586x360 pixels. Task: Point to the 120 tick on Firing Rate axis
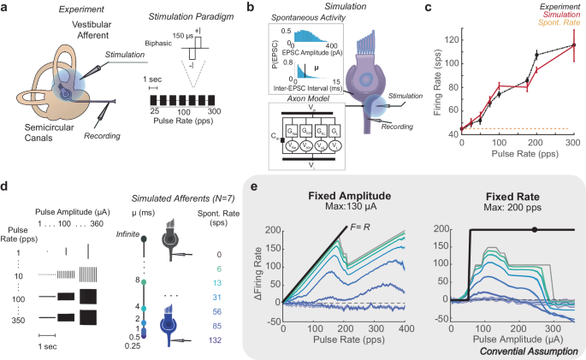tap(451, 39)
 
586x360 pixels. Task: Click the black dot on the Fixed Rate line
tap(535, 229)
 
